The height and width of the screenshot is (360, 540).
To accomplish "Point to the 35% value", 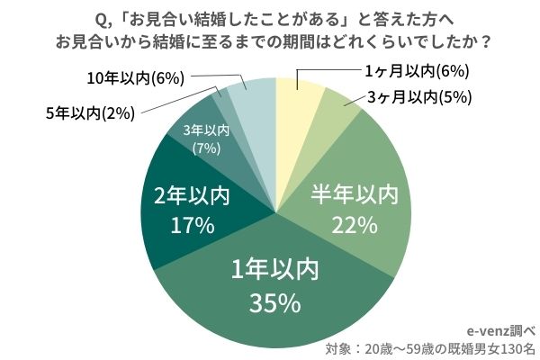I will [274, 304].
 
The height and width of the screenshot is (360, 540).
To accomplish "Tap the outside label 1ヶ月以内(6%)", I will [406, 71].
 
